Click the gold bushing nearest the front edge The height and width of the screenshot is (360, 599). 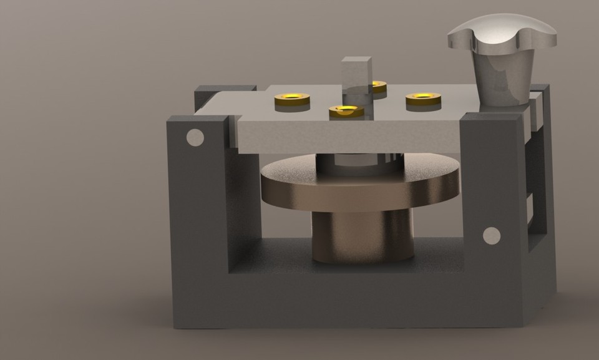pos(346,112)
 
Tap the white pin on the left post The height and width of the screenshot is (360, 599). pos(195,137)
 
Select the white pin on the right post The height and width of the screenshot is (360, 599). pos(492,235)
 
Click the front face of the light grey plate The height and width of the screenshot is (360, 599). pos(349,137)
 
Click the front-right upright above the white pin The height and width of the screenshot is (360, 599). pos(493,175)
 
